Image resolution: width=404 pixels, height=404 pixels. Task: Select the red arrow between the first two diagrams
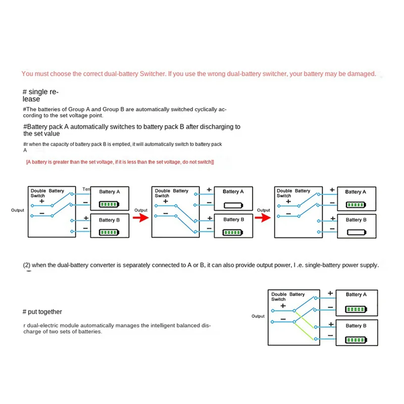point(141,217)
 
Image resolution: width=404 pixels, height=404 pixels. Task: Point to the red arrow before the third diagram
point(263,217)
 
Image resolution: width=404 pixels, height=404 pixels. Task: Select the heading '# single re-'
point(40,92)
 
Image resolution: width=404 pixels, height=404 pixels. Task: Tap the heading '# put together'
point(42,312)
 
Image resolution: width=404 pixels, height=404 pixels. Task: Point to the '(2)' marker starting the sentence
point(27,265)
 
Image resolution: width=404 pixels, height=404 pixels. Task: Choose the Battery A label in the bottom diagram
point(356,294)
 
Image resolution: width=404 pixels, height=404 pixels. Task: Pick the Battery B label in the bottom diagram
point(356,326)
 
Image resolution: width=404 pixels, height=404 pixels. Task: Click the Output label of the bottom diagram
point(258,316)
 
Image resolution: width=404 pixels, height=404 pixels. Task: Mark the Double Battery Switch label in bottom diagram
point(288,296)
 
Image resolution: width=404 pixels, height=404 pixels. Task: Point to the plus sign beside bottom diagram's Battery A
point(330,293)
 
